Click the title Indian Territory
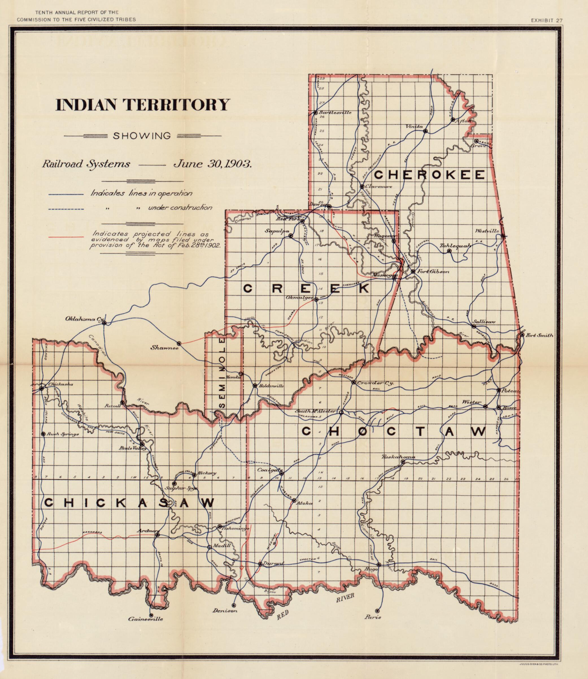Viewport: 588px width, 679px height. tap(142, 105)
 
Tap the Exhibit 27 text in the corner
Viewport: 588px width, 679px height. tap(547, 20)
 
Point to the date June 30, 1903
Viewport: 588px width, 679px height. tap(213, 163)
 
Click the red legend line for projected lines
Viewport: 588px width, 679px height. tap(66, 237)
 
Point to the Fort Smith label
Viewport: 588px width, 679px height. tap(539, 335)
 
